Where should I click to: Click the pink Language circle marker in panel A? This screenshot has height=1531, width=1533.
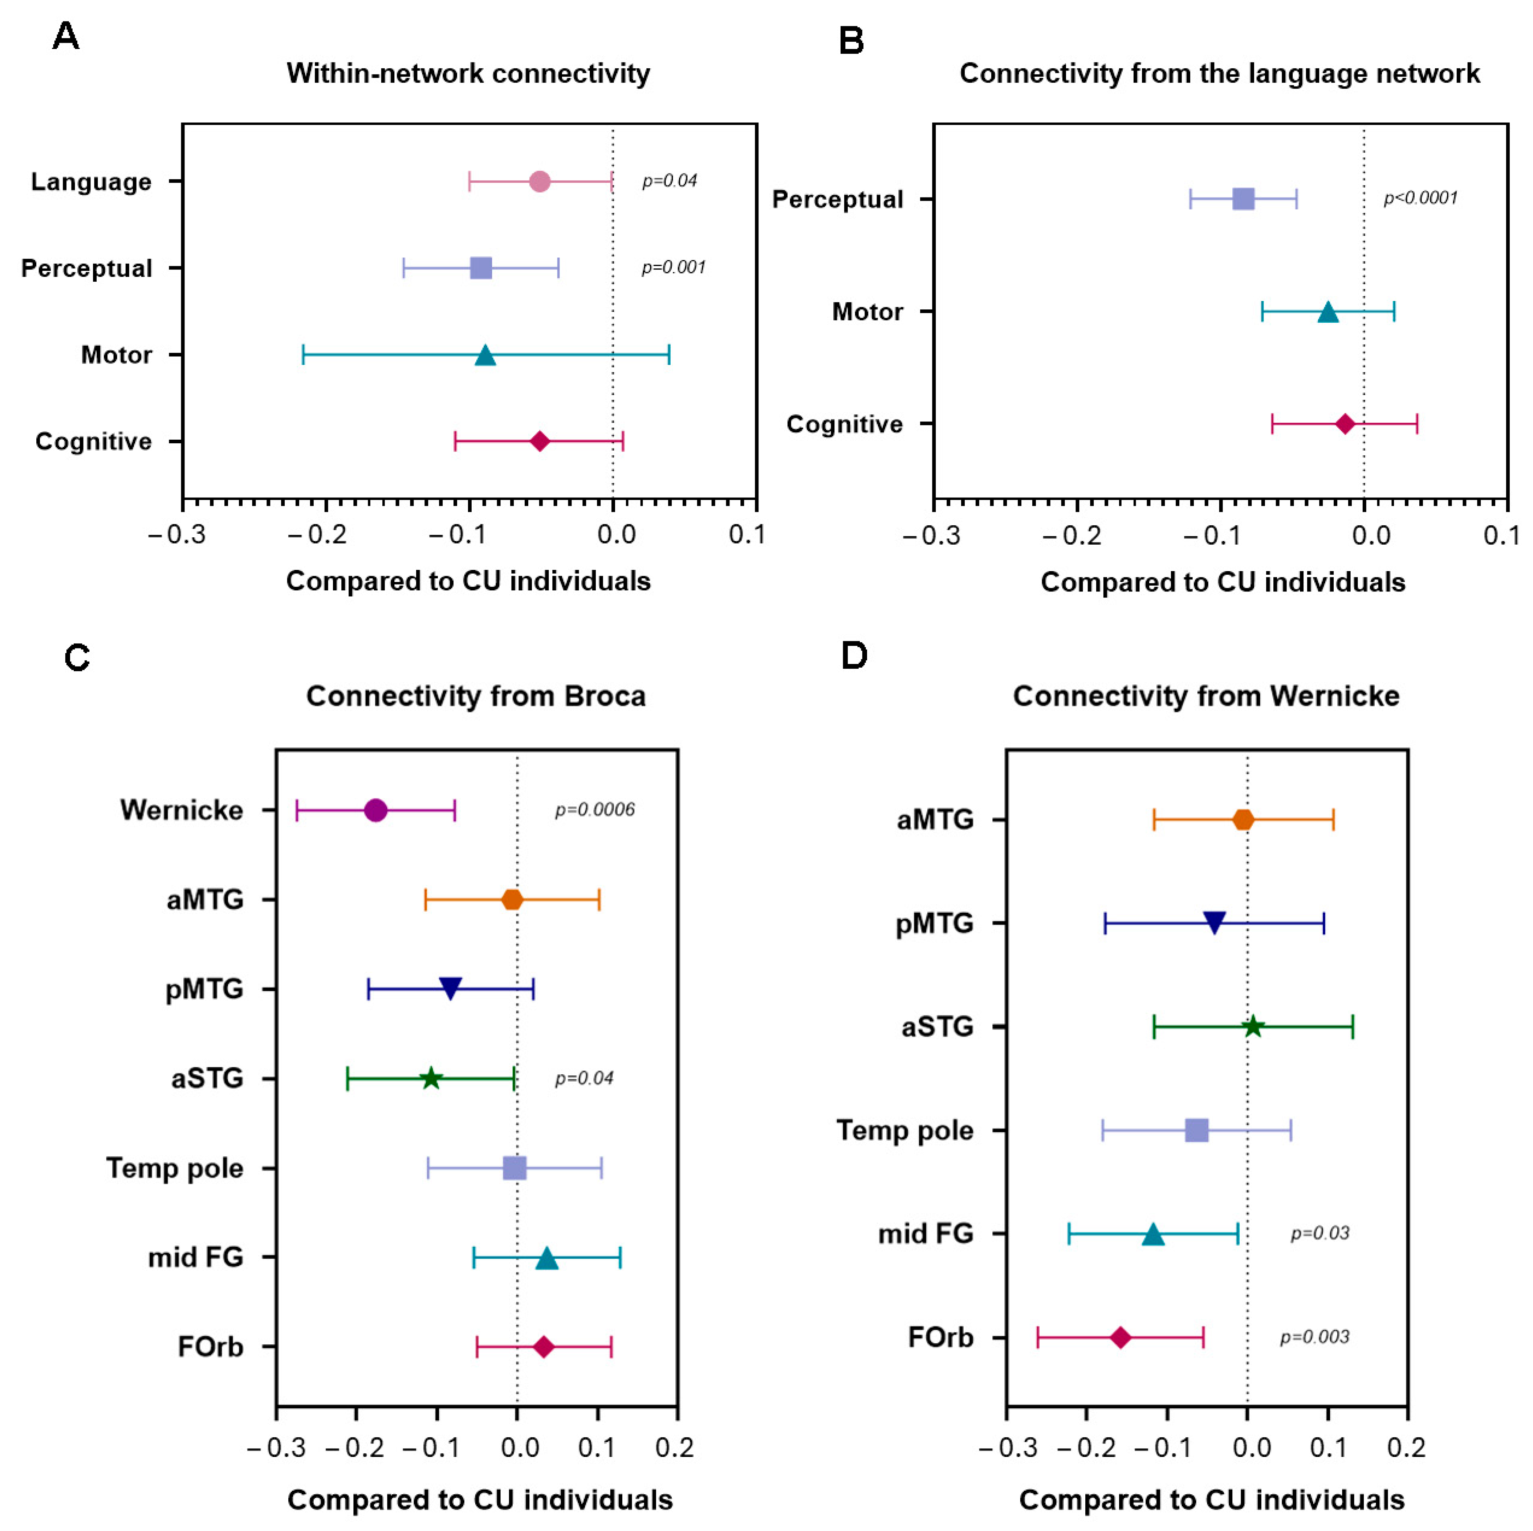coord(540,182)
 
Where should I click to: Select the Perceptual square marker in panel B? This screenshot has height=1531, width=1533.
coord(1243,199)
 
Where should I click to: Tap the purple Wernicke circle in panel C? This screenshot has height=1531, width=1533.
coord(376,810)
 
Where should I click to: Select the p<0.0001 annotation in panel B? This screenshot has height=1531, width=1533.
coord(1420,198)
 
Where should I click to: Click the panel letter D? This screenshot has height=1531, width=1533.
coord(854,656)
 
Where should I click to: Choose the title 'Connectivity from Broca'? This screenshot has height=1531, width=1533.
coord(476,696)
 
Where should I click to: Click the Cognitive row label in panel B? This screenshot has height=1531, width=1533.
coord(844,424)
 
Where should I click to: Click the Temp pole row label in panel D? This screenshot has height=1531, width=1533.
coord(904,1131)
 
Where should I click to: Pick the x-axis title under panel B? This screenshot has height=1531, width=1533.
coord(1223,582)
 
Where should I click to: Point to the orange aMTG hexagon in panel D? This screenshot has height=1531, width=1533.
coord(1243,819)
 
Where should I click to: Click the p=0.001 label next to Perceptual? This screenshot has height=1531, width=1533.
coord(673,267)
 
